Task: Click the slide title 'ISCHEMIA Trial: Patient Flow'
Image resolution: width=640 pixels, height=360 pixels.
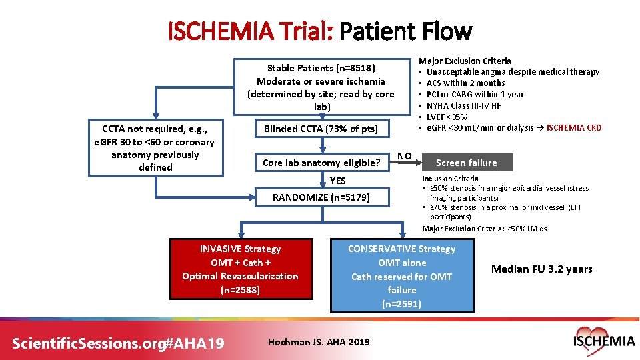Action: (320, 31)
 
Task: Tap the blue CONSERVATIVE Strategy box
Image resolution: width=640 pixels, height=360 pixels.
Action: (401, 275)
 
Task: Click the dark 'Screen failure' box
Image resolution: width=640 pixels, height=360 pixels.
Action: (466, 163)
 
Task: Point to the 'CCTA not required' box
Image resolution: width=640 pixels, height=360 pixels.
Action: (155, 148)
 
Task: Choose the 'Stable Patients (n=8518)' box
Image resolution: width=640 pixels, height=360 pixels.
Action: (321, 87)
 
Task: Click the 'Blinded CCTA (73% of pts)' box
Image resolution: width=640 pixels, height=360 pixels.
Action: (321, 129)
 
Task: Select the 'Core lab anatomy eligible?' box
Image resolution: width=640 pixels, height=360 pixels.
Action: (321, 162)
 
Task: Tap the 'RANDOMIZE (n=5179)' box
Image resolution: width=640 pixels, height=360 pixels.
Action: (321, 197)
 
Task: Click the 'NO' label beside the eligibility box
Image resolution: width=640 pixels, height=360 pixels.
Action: (404, 156)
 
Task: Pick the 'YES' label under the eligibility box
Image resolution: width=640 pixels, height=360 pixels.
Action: (338, 180)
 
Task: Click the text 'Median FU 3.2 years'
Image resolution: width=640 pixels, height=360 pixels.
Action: (541, 269)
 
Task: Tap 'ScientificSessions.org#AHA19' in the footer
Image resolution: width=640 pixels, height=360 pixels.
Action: (118, 343)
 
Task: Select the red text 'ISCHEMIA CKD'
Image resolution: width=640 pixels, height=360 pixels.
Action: (574, 128)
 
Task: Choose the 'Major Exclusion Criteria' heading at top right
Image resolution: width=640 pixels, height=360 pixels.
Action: (465, 61)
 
